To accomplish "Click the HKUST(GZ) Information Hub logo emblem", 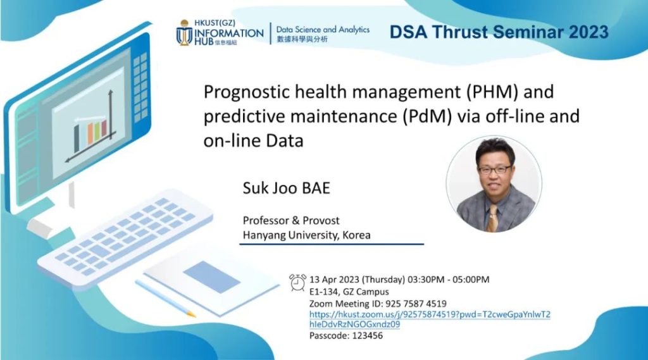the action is tap(184, 33).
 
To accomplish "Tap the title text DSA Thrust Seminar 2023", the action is tap(499, 32).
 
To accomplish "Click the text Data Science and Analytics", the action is tap(323, 30).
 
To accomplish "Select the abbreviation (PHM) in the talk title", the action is tap(492, 92).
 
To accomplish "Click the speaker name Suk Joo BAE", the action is tap(287, 188).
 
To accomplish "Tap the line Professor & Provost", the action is tap(291, 220).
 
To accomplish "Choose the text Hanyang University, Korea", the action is tap(307, 235).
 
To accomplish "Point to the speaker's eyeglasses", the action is tap(495, 170).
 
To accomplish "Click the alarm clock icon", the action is tap(297, 283).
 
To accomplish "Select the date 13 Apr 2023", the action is tap(334, 280).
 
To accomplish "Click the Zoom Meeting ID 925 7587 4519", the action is tap(416, 304).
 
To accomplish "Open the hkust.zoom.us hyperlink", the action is tap(430, 319).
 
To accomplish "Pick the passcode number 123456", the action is tap(368, 335).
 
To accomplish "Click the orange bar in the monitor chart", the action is tap(90, 133).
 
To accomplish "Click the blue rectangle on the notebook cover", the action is tap(211, 277).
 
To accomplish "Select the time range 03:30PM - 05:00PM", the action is tap(449, 280).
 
